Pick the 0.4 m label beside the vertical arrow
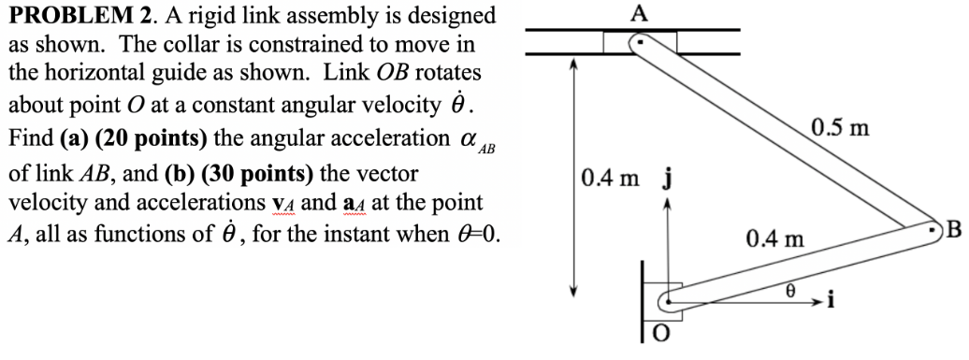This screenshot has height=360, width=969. tap(607, 177)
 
